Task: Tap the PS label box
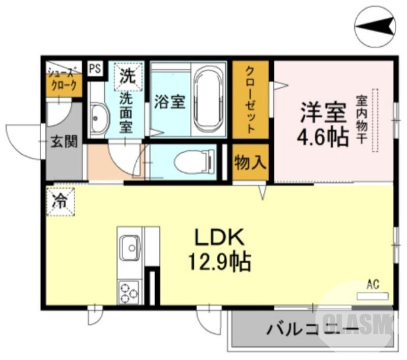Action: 95,68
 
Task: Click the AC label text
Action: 373,285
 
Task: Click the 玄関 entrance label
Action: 64,142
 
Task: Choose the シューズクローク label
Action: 64,79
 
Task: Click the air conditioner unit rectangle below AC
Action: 372,295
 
